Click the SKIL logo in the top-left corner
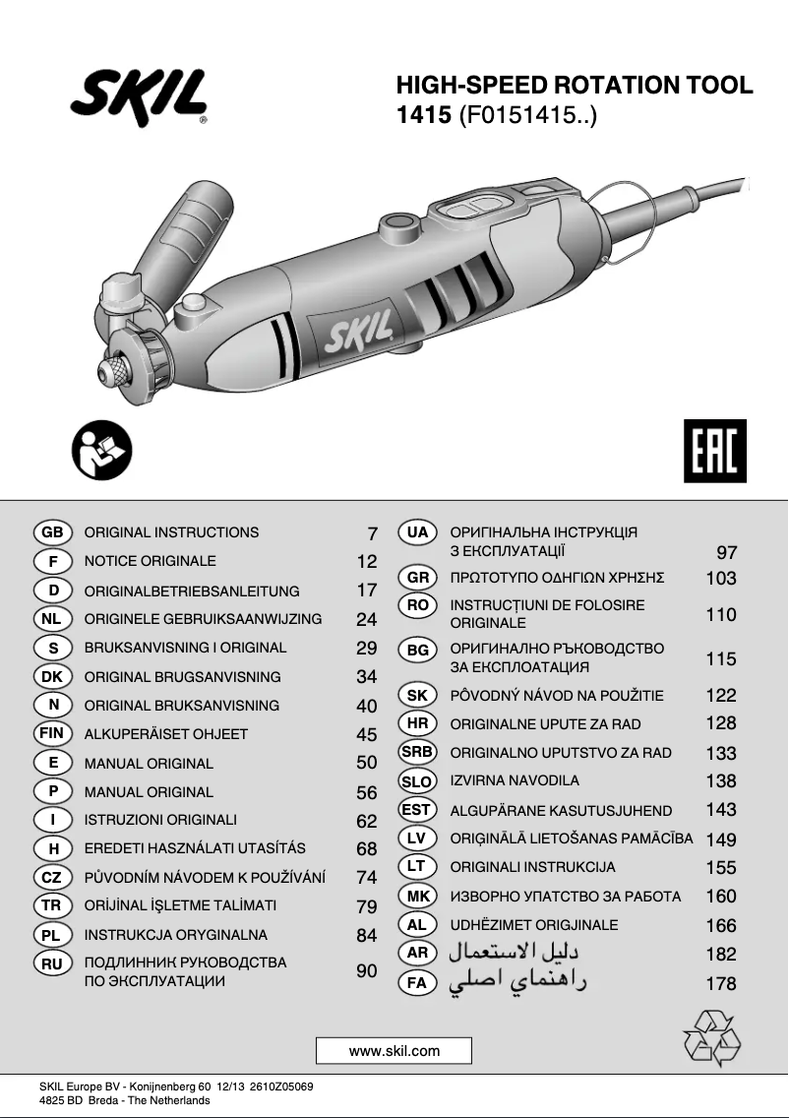pyautogui.click(x=139, y=96)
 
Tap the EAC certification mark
pyautogui.click(x=715, y=451)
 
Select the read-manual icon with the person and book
pyautogui.click(x=101, y=451)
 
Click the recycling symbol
pyautogui.click(x=712, y=1037)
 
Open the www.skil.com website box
pyautogui.click(x=394, y=1050)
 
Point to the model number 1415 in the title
pyautogui.click(x=423, y=115)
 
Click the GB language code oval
pyautogui.click(x=53, y=531)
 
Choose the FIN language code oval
pyautogui.click(x=53, y=733)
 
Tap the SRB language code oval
pyautogui.click(x=417, y=752)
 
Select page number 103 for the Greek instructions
pyautogui.click(x=720, y=579)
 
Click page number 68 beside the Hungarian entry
pyautogui.click(x=366, y=849)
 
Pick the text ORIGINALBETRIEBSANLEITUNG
pyautogui.click(x=192, y=591)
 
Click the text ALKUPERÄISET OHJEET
pyautogui.click(x=166, y=734)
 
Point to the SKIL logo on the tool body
pyautogui.click(x=358, y=332)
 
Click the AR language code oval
pyautogui.click(x=417, y=954)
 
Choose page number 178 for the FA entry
pyautogui.click(x=720, y=984)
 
